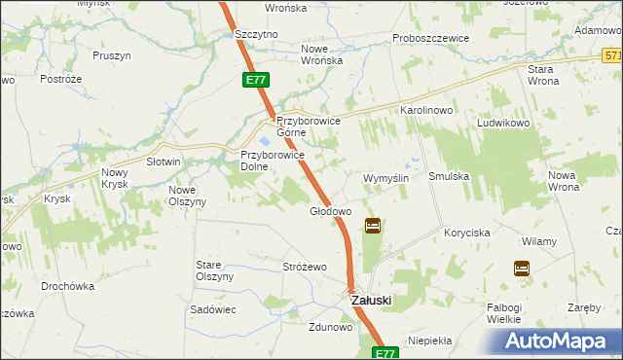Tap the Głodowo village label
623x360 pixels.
330,211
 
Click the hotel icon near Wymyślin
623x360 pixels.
373,227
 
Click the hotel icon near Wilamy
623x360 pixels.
522,268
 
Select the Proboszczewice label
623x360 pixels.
431,38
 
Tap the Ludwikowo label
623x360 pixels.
501,125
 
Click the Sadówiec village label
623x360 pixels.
214,308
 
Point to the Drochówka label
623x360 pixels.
67,287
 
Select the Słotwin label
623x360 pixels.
164,162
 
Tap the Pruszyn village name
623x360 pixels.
112,55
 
